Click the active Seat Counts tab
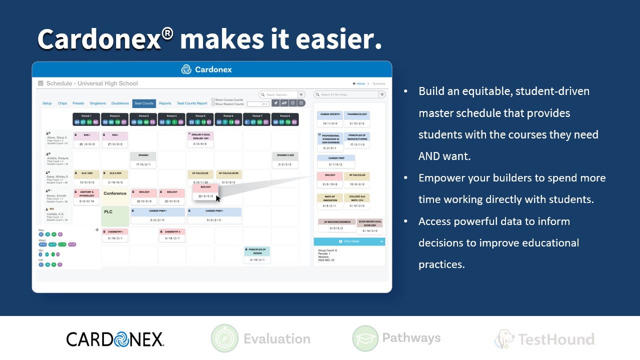coord(144,103)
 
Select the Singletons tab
coord(97,103)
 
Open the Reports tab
coord(165,103)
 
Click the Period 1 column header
coord(86,119)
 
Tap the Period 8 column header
coord(285,119)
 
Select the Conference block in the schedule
coord(115,193)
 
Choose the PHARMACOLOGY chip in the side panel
coord(357,118)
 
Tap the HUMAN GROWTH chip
coord(330,118)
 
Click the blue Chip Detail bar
coord(349,241)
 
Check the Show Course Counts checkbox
coord(213,100)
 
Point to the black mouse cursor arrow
coord(217,197)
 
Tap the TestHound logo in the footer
coord(545,339)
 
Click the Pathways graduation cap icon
coord(364,338)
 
